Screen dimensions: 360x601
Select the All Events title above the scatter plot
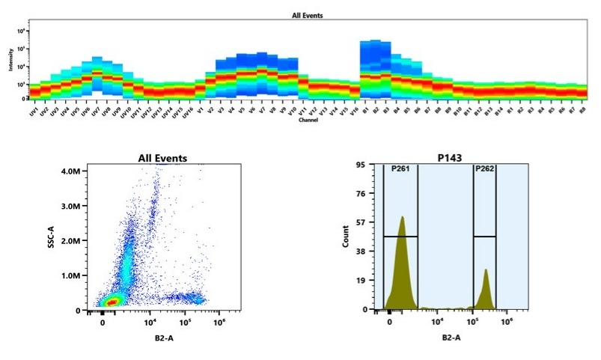pos(162,158)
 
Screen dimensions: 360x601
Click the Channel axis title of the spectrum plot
pos(308,120)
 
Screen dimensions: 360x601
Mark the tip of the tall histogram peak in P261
pos(402,217)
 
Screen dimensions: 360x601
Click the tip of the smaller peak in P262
pos(486,269)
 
